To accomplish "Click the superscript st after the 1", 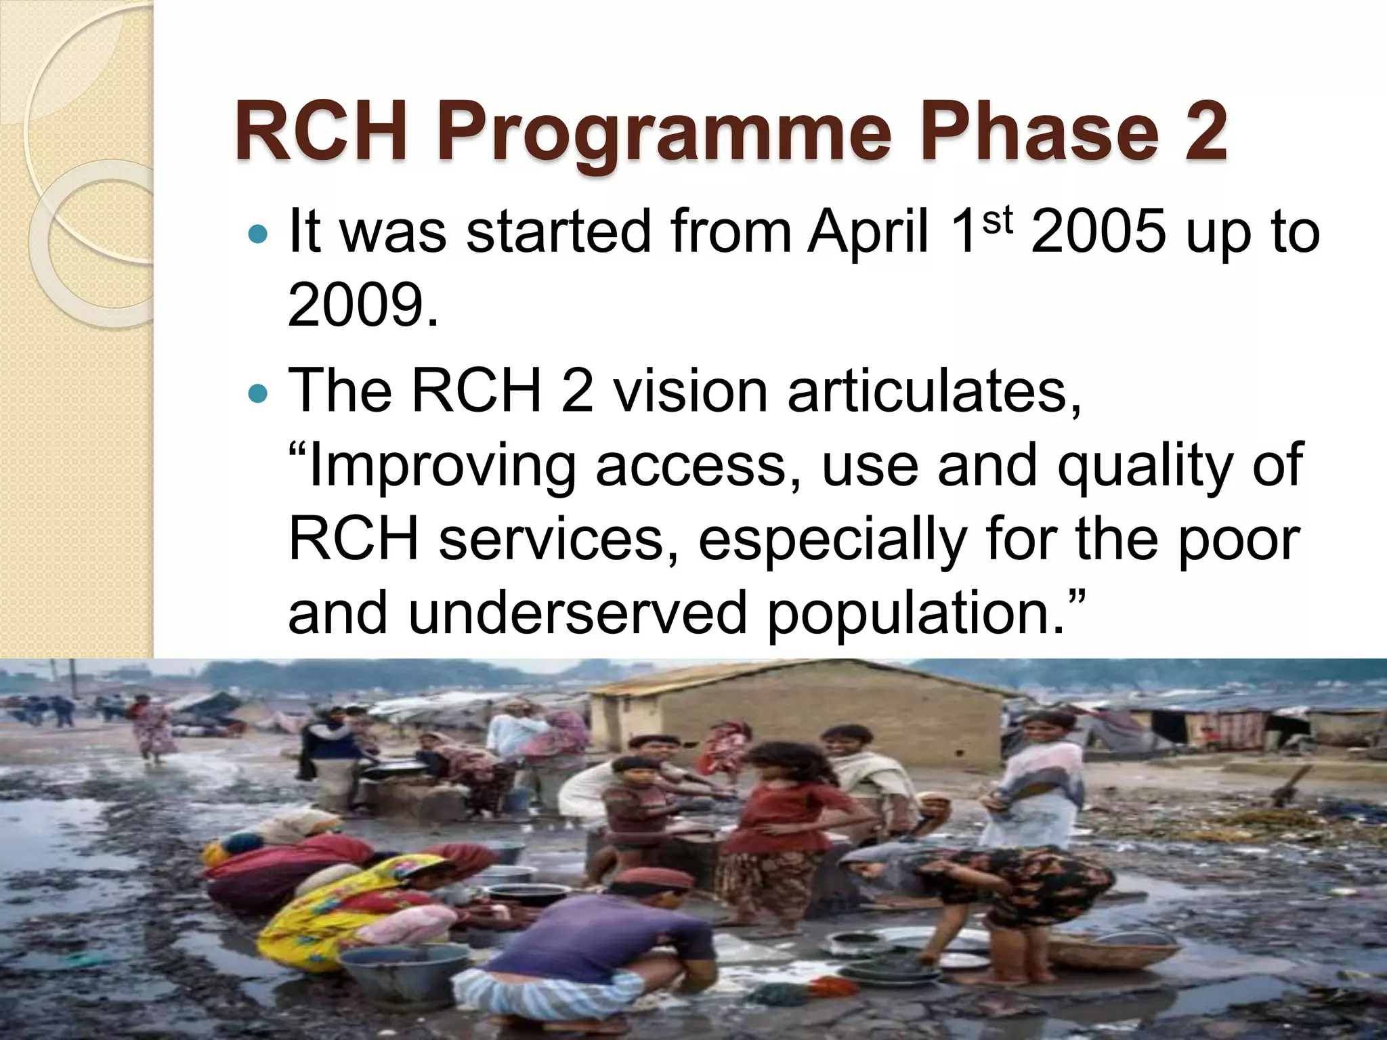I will coord(998,219).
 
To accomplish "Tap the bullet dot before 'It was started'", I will coord(258,236).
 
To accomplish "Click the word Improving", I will coord(440,467).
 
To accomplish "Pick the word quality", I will coord(1145,467).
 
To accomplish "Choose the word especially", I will coord(832,540).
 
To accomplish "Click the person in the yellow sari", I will coord(352,907).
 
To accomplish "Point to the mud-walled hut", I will coord(792,711).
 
